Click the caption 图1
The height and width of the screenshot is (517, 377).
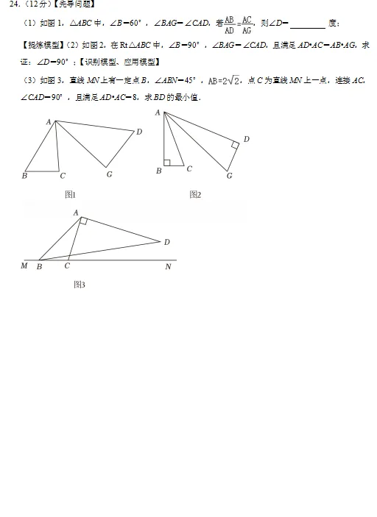pyautogui.click(x=71, y=194)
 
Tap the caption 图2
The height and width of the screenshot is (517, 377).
pyautogui.click(x=195, y=194)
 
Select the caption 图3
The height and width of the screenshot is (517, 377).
pyautogui.click(x=80, y=284)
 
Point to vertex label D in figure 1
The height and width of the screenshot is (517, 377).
pyautogui.click(x=139, y=132)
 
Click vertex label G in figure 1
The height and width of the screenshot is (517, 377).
pyautogui.click(x=109, y=174)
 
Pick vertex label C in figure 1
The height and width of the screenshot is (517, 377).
pyautogui.click(x=63, y=176)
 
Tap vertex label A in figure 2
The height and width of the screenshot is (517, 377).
pyautogui.click(x=158, y=113)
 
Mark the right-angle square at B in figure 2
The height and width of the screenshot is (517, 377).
pyautogui.click(x=167, y=163)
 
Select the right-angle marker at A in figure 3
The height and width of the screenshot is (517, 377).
pyautogui.click(x=83, y=221)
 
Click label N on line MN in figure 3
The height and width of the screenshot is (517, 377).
pyautogui.click(x=168, y=266)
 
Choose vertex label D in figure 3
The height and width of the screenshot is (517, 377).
pyautogui.click(x=167, y=241)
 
